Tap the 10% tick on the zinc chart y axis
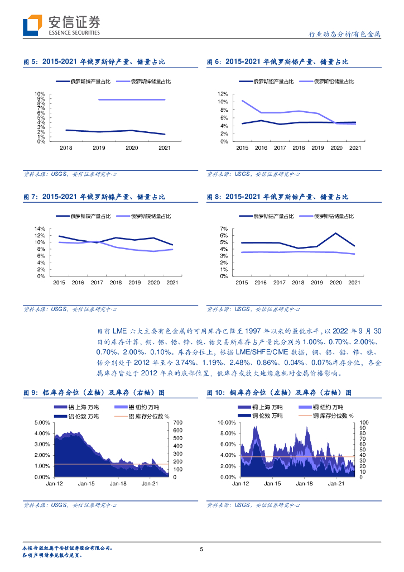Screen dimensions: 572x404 [40, 94]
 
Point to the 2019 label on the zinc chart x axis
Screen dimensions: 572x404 [99, 148]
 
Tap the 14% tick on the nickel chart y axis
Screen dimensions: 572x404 [40, 229]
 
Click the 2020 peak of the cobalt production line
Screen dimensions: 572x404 [335, 233]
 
